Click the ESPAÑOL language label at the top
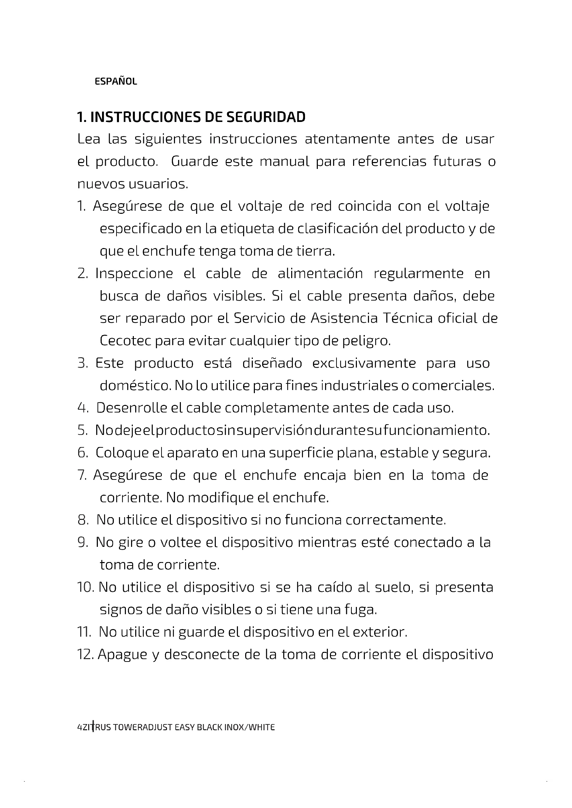(116, 82)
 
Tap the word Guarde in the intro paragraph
(194, 162)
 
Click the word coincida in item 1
(364, 206)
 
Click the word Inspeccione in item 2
(134, 274)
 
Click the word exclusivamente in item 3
(364, 363)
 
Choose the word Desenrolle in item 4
(131, 408)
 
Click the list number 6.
(82, 453)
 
